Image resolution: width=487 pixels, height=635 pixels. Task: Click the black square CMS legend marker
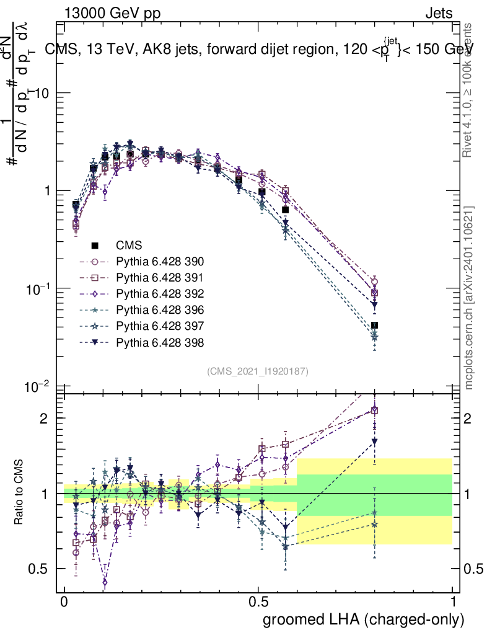coord(95,245)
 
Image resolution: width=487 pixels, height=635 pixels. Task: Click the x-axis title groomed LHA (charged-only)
coord(364,619)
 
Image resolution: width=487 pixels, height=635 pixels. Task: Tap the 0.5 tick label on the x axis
coord(258,602)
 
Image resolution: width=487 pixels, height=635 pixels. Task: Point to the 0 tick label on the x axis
coord(64,602)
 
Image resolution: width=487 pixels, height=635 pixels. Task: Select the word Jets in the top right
coord(438,14)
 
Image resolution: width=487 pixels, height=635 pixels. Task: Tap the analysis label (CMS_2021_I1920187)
coord(257,371)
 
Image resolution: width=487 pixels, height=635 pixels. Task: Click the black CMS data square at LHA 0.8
coord(374,326)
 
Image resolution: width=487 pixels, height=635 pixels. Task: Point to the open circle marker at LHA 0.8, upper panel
coord(374,282)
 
